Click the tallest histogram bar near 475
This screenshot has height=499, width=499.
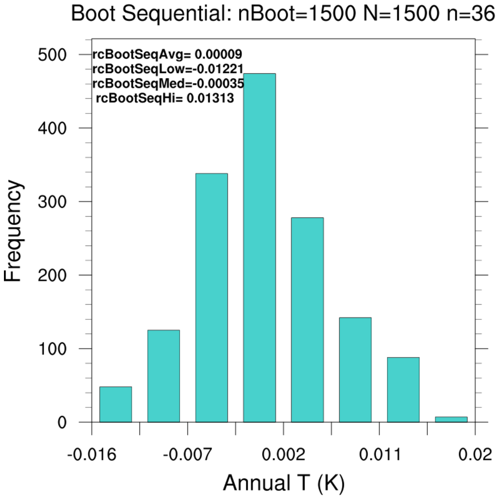(x=259, y=248)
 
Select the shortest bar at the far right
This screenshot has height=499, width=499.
(x=451, y=419)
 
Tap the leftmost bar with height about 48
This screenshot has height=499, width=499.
(x=115, y=404)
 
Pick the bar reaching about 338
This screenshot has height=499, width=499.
(x=211, y=298)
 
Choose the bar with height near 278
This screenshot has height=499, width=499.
(x=307, y=320)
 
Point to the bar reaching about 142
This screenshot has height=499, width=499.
(x=355, y=370)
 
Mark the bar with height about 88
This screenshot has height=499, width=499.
(x=403, y=389)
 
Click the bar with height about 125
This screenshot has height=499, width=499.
(x=164, y=376)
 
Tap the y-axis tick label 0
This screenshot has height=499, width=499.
(x=62, y=422)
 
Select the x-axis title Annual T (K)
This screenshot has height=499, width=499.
(x=283, y=484)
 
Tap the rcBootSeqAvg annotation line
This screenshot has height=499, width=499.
(x=167, y=54)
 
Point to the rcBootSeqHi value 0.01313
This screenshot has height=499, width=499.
(x=210, y=98)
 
